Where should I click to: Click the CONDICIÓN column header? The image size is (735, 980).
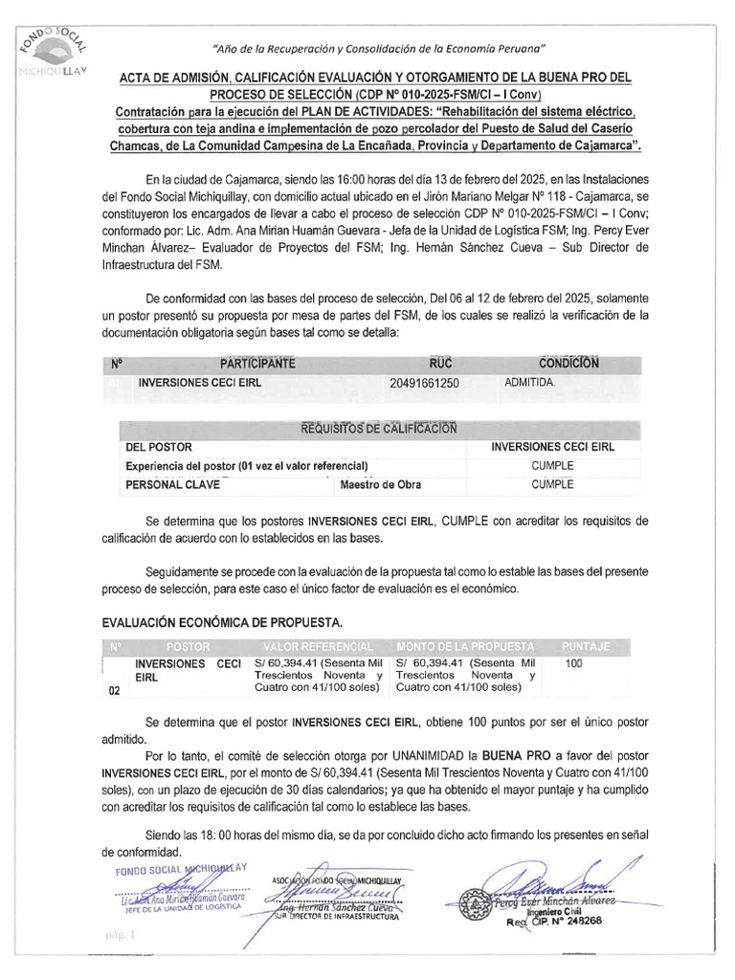[x=568, y=364]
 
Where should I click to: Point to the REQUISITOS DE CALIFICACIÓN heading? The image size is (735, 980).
[x=379, y=428]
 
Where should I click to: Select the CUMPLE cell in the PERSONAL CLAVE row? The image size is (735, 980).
[x=552, y=484]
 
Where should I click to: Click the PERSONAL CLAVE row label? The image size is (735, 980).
[x=172, y=484]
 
